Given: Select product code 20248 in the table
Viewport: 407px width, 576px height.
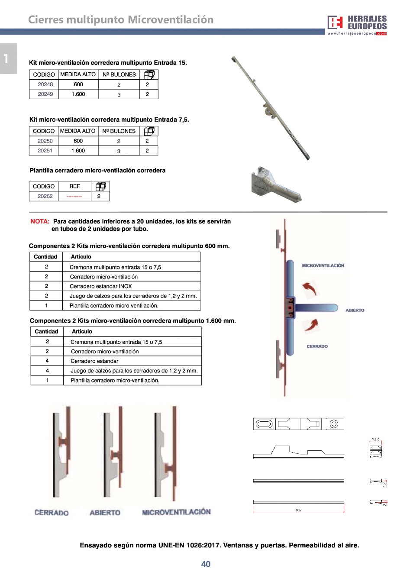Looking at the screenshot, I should (45, 84).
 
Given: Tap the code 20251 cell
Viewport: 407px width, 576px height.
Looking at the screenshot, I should (45, 151).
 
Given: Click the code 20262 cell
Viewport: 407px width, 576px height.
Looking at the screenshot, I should (45, 196).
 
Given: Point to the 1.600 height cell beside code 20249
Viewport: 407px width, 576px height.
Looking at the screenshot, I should (78, 94).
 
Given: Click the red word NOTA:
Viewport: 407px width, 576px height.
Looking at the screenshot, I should (40, 221).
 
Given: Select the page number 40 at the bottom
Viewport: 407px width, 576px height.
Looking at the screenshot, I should (206, 564).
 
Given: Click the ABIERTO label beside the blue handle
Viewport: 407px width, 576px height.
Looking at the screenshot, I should (355, 311).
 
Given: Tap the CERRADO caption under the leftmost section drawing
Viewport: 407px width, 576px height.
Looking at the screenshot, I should (52, 513).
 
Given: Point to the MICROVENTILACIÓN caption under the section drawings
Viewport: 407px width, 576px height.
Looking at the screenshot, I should (176, 512).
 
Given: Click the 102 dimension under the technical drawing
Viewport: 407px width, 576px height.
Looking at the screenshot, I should (298, 510).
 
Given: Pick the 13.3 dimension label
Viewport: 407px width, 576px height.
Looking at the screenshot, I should (375, 439).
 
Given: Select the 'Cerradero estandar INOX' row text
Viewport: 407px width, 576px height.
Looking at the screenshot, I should (100, 286).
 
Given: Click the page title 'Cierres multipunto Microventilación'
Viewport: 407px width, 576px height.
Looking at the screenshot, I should (121, 20).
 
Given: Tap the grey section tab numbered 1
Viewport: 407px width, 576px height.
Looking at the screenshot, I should (7, 58).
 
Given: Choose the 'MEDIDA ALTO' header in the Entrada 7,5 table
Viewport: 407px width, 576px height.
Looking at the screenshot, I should (78, 131).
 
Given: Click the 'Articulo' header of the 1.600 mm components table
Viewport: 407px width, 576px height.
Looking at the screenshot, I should (82, 332).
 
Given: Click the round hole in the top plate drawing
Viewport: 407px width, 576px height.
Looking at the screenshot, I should (334, 424).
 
